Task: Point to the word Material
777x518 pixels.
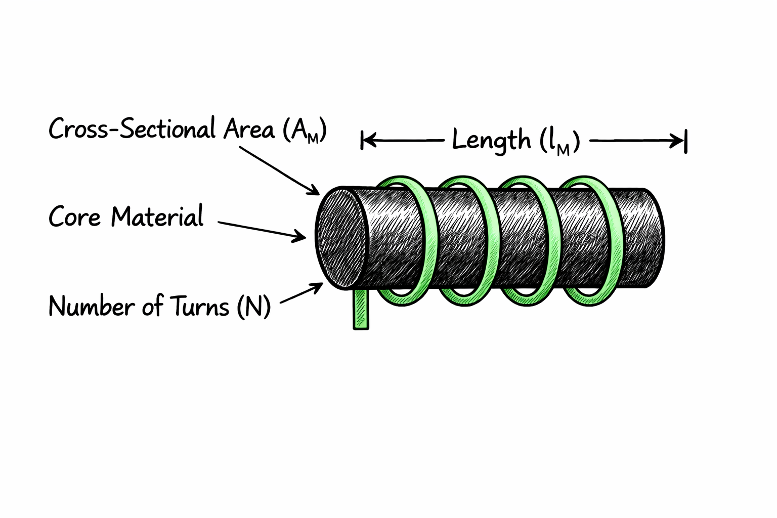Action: [157, 218]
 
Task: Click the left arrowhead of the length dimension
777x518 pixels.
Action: [368, 141]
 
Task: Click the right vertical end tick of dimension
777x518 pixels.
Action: [685, 141]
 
